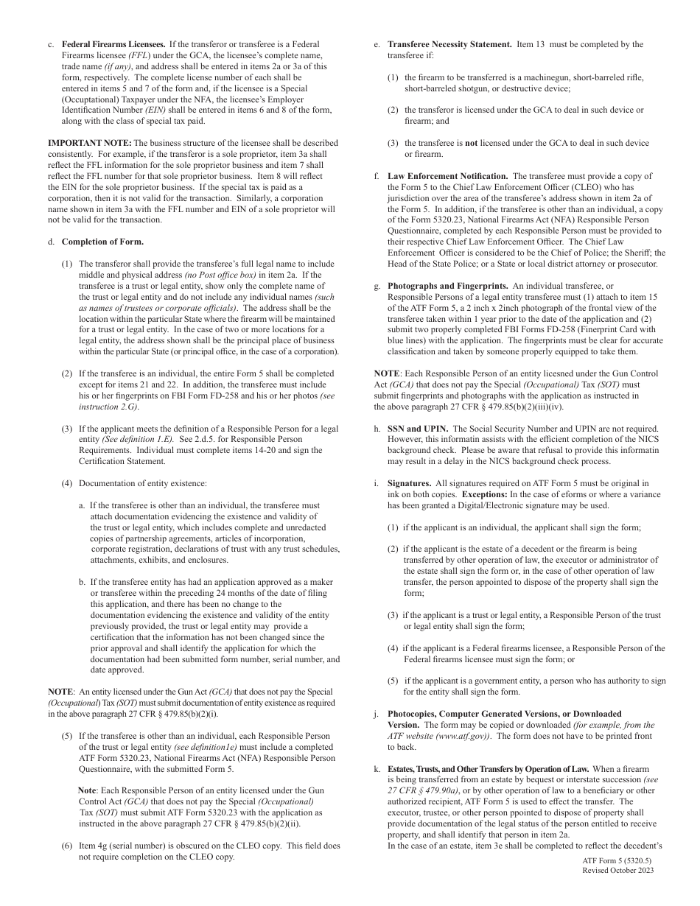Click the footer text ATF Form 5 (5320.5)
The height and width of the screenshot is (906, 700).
click(617, 860)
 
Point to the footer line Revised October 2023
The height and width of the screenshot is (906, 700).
click(617, 870)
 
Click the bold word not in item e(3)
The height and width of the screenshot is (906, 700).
click(470, 144)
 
